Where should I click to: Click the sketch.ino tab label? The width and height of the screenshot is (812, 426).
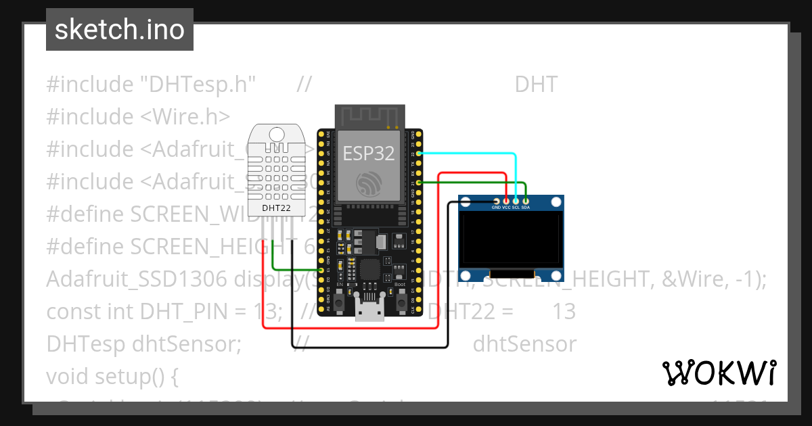point(120,30)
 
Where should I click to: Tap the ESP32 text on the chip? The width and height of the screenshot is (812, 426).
point(368,153)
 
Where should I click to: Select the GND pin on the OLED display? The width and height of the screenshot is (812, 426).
point(497,201)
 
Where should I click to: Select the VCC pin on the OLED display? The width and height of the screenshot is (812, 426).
point(506,201)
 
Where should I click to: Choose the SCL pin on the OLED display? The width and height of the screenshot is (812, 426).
point(516,201)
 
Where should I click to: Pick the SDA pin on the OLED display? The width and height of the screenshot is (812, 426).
point(525,201)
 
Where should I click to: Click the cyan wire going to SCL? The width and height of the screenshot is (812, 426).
point(474,154)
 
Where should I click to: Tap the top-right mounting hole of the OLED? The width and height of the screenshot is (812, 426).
point(556,202)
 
